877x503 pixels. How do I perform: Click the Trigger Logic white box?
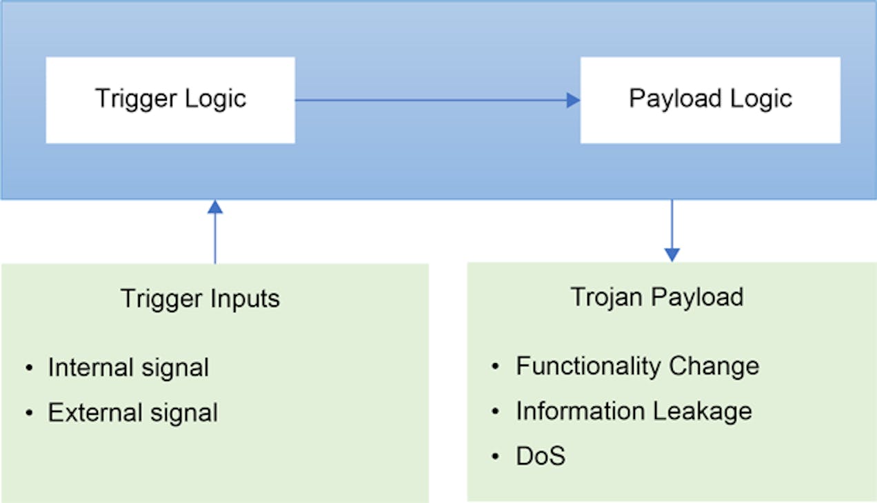point(170,100)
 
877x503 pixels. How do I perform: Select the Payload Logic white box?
point(710,100)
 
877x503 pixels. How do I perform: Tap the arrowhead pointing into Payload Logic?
point(573,101)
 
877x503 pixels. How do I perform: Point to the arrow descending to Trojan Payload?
point(672,231)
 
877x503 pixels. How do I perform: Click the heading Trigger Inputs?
point(200,299)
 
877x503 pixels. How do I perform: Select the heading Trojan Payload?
point(657,297)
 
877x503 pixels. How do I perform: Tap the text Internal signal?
point(128,368)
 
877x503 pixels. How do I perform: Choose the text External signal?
point(132,413)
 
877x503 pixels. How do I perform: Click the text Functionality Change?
point(637,366)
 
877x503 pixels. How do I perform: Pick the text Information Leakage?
point(634,411)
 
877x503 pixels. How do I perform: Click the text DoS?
point(541,456)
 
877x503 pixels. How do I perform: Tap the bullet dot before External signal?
point(29,413)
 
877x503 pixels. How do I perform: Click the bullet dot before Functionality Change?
point(496,367)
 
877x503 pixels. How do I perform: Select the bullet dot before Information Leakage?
point(496,412)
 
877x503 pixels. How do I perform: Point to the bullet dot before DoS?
point(496,457)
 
